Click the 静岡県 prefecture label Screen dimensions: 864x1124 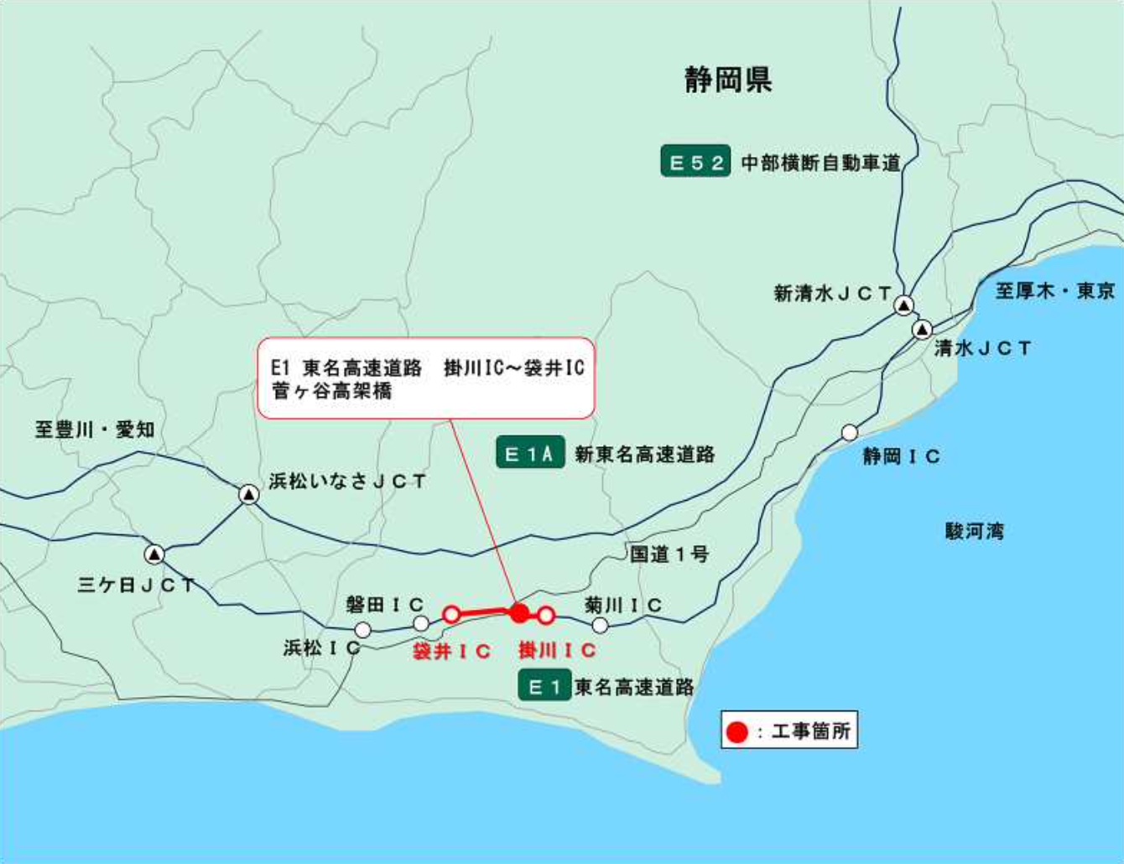point(727,81)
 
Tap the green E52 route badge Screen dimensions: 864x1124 point(695,162)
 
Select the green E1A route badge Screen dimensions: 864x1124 point(529,454)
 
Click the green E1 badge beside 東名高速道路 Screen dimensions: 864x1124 point(544,687)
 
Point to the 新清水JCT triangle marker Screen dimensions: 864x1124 point(903,305)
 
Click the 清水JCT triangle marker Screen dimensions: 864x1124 point(923,329)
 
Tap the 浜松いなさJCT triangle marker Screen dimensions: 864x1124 point(249,494)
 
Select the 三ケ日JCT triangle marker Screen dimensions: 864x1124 point(154,554)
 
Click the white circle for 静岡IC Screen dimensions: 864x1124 point(850,433)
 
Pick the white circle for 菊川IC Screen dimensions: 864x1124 point(600,625)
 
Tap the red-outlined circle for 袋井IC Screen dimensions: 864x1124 point(451,614)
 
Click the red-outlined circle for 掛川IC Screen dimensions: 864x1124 point(546,616)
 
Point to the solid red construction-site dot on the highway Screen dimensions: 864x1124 point(520,613)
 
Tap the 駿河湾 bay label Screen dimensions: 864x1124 point(974,531)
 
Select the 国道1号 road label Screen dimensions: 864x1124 point(669,554)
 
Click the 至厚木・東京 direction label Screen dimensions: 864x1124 point(1054,291)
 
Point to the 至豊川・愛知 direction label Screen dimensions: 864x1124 point(95,429)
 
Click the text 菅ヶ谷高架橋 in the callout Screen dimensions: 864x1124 point(332,391)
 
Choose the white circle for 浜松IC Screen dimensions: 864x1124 point(363,630)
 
